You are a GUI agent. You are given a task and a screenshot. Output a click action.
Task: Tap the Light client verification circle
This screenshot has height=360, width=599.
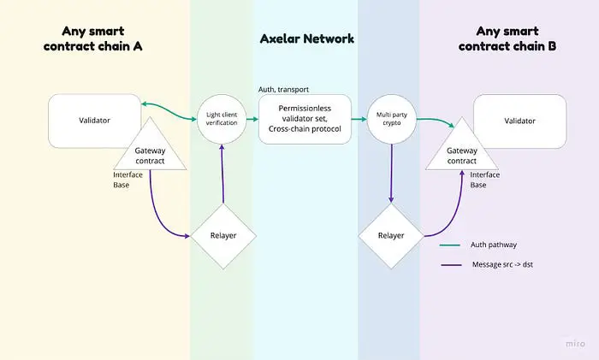pos(222,120)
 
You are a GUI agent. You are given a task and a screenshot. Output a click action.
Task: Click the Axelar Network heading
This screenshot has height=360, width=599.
pos(306,39)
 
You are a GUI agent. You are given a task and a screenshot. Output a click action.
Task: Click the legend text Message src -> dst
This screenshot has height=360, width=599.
pos(510,265)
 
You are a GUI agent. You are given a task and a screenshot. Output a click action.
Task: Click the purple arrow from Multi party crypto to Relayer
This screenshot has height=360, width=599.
pos(391,171)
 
